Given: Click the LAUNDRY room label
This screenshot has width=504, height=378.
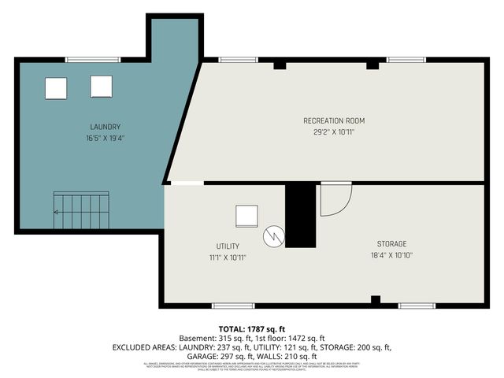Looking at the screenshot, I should (x=105, y=127).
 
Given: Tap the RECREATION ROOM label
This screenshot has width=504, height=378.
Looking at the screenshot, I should (x=334, y=120).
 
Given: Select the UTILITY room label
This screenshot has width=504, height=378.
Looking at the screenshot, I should (x=228, y=246).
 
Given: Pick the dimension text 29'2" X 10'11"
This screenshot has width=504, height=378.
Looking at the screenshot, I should (x=334, y=132).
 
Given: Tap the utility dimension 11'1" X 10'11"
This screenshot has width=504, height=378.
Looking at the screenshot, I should (x=228, y=258).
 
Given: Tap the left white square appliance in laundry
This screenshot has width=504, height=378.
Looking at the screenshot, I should (x=56, y=88).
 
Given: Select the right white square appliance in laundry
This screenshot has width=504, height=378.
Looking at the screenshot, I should (x=101, y=86).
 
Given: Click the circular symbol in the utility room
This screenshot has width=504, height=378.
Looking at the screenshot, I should (x=273, y=234).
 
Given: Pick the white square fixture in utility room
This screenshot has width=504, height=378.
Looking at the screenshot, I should (x=246, y=216).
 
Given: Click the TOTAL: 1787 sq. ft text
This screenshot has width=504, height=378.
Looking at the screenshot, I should (x=252, y=328).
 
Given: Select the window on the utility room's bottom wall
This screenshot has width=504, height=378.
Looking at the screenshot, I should (x=234, y=306).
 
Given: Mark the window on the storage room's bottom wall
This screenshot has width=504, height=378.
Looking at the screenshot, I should (x=416, y=306).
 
